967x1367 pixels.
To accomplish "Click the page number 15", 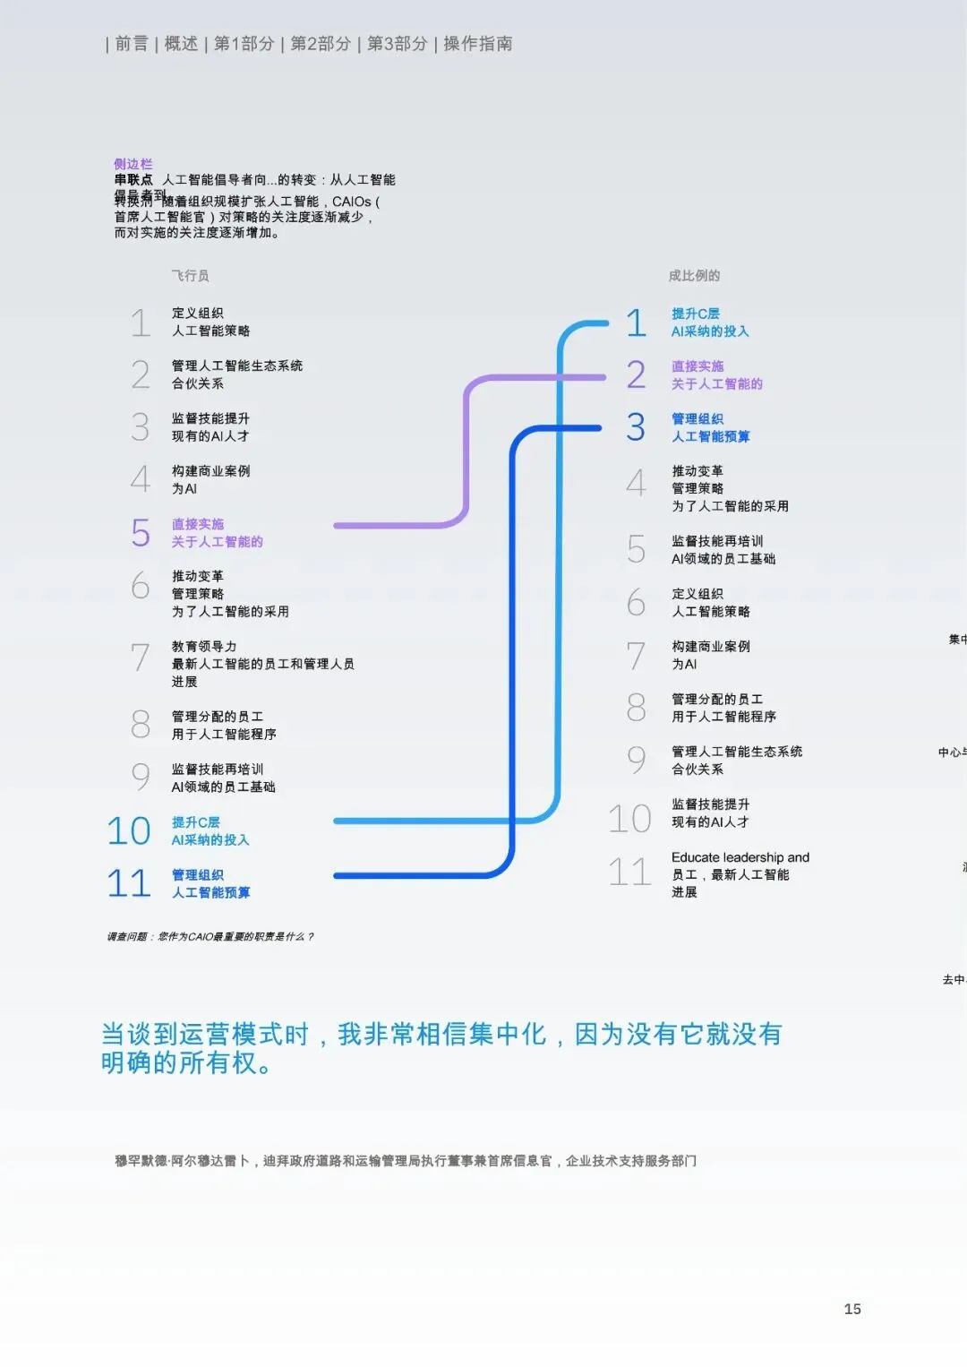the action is tap(851, 1309).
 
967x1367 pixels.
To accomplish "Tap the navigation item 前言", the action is tap(132, 43).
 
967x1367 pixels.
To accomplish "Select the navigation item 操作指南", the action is tap(477, 43).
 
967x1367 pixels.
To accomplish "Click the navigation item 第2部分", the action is tap(320, 43).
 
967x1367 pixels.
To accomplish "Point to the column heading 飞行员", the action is tap(190, 276).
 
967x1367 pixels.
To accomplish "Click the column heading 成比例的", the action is tap(694, 276).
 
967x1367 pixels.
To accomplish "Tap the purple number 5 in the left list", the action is tap(141, 533).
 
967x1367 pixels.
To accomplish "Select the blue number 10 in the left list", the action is tap(129, 831).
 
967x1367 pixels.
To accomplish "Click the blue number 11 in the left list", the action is tap(129, 884).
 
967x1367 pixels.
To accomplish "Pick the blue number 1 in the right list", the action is tap(636, 322).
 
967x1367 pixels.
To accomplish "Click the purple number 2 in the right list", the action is tap(636, 375).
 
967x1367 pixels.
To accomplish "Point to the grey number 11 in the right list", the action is tap(629, 873).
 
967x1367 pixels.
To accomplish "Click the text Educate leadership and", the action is tap(740, 857).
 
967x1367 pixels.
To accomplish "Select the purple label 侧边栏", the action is tap(133, 164).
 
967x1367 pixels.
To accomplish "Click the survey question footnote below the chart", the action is tap(210, 937).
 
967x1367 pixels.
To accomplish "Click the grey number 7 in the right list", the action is tap(636, 656).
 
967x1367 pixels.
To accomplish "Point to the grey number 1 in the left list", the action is tap(141, 322).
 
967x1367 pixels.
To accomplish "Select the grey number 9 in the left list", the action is tap(141, 778).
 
